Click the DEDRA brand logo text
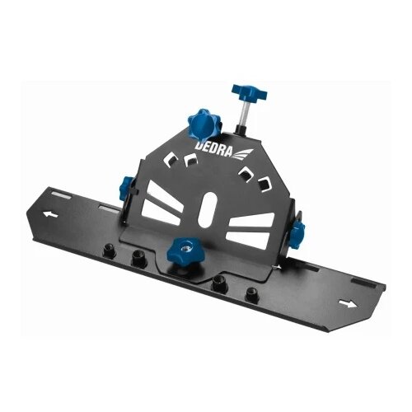213,149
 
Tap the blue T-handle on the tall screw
249,92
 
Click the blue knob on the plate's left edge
127,185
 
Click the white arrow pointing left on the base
50,214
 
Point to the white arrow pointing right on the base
348,303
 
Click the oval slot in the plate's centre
208,209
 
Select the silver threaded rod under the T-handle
244,115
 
